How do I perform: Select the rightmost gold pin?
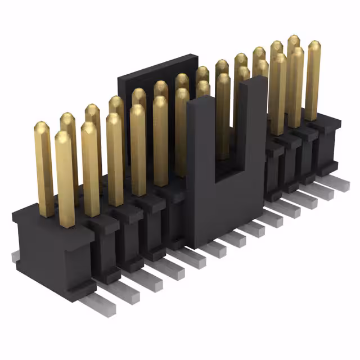tap(313, 79)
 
